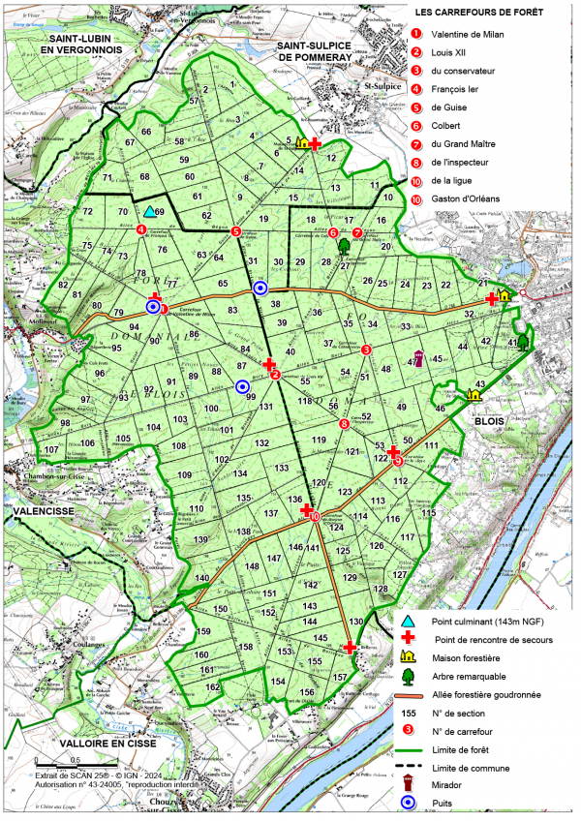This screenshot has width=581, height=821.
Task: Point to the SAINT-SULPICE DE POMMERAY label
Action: point(319,51)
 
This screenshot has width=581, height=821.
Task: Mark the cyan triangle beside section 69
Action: point(149,211)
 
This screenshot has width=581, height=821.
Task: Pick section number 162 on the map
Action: point(211,686)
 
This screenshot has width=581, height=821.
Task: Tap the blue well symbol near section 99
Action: point(241,387)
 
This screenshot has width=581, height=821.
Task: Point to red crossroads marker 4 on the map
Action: point(142,229)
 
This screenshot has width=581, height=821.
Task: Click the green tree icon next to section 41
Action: point(524,341)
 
